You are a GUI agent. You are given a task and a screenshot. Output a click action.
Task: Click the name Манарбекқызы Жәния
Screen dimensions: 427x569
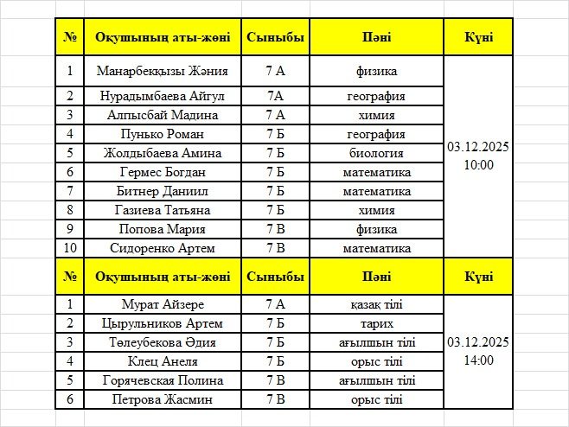click(x=163, y=72)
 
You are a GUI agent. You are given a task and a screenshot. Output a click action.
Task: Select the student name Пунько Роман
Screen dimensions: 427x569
click(x=163, y=134)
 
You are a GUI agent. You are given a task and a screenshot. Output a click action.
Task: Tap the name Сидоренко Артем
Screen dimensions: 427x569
click(x=163, y=248)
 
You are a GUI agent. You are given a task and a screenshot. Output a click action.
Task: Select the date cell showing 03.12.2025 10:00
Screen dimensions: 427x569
click(x=478, y=156)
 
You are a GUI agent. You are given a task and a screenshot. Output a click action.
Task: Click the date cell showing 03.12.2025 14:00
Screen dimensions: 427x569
click(x=478, y=351)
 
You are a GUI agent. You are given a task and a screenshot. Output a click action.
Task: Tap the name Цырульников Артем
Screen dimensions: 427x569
click(x=163, y=323)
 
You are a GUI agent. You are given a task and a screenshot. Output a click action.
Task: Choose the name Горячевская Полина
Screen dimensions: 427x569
click(x=163, y=380)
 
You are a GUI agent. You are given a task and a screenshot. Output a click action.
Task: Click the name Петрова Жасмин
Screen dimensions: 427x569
click(x=163, y=399)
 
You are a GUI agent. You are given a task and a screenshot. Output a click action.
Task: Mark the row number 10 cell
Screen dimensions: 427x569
click(x=70, y=248)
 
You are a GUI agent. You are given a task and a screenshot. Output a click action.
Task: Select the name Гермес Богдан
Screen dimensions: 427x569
click(x=163, y=172)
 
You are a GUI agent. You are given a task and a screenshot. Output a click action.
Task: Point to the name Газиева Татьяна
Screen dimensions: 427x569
click(x=163, y=210)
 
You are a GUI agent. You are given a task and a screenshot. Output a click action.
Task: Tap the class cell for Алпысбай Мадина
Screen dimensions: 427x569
click(x=276, y=115)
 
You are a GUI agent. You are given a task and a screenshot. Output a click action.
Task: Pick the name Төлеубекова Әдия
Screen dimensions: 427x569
click(x=163, y=342)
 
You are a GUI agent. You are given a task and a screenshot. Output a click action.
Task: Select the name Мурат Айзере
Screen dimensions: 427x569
click(x=163, y=304)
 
